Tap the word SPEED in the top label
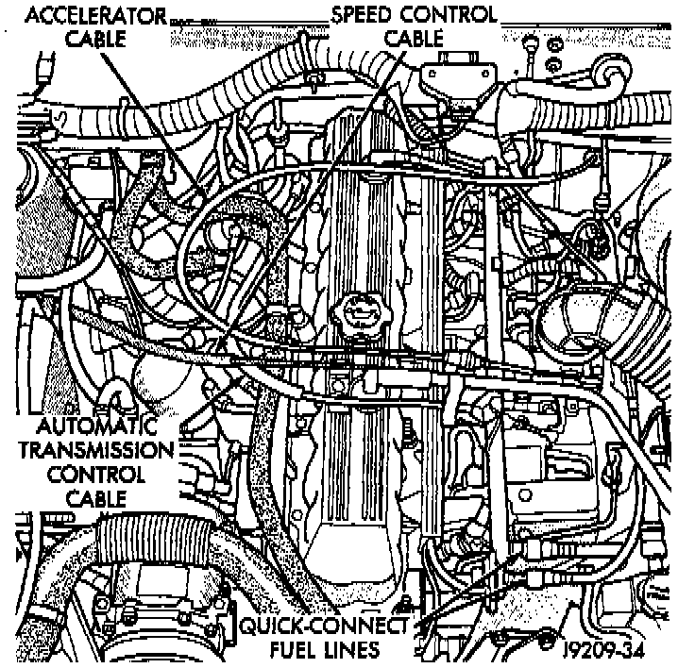click(363, 15)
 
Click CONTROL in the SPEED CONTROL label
click(448, 15)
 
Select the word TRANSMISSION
click(90, 450)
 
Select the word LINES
click(351, 650)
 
